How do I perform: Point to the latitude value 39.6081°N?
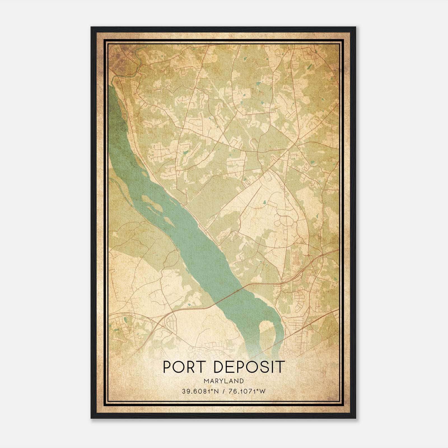[x=199, y=391]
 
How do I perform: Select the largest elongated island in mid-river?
[x=153, y=203]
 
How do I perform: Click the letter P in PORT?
[x=167, y=367]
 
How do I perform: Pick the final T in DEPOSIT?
[x=281, y=367]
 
